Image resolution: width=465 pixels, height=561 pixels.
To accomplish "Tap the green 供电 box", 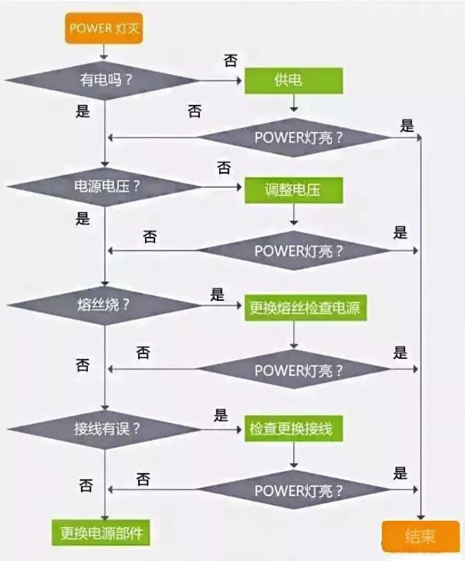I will [x=294, y=80].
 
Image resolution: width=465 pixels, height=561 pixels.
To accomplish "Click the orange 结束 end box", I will [x=419, y=536].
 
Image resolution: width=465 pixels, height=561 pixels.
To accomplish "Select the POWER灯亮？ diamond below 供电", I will [x=294, y=137].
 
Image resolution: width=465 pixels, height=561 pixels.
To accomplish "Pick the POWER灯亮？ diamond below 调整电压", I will [x=294, y=250].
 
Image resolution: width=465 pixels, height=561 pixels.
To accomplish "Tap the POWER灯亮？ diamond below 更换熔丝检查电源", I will [x=294, y=369].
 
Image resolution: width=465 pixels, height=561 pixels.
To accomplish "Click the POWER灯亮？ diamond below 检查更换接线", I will [x=294, y=490].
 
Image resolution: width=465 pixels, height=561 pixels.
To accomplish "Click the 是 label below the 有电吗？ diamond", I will [x=82, y=111].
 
